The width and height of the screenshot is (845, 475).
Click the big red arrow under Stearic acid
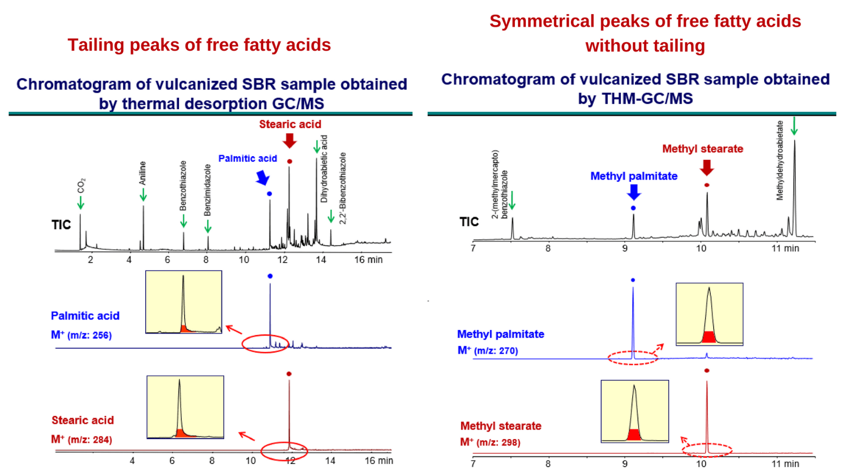[x=289, y=140]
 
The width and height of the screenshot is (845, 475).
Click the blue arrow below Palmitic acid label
[x=263, y=178]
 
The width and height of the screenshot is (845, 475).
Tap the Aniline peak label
[x=143, y=173]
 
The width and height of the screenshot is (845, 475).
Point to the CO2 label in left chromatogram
[x=81, y=186]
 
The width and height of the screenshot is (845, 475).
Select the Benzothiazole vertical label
[x=183, y=186]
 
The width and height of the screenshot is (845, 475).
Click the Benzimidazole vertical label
[x=207, y=189]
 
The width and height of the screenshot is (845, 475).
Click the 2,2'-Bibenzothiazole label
[x=343, y=188]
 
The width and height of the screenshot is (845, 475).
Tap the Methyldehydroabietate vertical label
[x=780, y=160]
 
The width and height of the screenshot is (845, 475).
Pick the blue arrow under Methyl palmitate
[x=633, y=192]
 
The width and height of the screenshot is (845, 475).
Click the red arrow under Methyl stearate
[x=707, y=168]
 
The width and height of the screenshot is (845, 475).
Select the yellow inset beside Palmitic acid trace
[x=183, y=302]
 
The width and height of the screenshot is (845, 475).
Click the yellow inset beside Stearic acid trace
[x=185, y=407]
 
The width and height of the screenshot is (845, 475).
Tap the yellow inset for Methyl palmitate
[x=709, y=314]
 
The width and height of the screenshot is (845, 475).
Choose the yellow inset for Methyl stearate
[x=635, y=411]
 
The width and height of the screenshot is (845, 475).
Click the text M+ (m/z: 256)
[x=81, y=335]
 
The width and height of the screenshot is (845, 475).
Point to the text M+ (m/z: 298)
[x=490, y=443]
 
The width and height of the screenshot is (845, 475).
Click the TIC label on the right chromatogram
[x=468, y=222]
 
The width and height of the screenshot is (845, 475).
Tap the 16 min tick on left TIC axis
[x=368, y=259]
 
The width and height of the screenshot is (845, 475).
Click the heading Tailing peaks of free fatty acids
[x=199, y=45]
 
